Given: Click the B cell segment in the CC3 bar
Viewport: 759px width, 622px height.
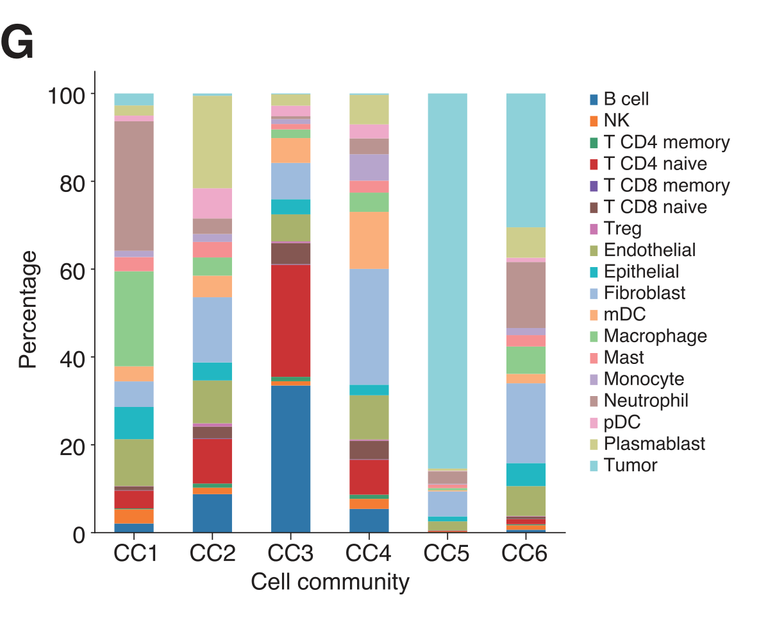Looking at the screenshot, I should (290, 458).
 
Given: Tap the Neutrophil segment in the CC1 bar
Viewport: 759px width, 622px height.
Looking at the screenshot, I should (134, 186).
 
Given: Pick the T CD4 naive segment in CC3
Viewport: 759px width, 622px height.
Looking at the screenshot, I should (290, 320).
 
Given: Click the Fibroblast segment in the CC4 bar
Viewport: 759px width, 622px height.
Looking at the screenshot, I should (369, 327).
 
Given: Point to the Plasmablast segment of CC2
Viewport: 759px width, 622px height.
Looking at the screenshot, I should (212, 141).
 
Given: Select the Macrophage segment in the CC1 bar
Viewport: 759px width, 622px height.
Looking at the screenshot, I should (134, 318).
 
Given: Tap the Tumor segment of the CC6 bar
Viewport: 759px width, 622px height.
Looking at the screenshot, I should (526, 160).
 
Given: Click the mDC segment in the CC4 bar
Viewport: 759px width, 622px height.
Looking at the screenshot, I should (369, 240).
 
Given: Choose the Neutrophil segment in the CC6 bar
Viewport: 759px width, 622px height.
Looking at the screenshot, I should (526, 295).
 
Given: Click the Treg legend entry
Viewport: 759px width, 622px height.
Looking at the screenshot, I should (622, 229).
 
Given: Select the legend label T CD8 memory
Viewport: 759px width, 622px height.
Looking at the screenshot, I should (666, 186).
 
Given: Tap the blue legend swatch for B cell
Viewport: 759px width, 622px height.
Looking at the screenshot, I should (594, 99).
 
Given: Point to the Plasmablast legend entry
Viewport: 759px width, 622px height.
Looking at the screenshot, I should (654, 444).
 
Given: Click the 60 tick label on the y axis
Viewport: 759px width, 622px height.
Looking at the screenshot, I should (71, 270).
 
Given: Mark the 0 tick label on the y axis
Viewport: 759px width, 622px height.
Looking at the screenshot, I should (79, 533).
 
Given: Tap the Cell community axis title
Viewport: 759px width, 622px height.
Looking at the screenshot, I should (329, 582).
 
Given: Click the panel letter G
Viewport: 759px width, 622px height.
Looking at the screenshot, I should (17, 44).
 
